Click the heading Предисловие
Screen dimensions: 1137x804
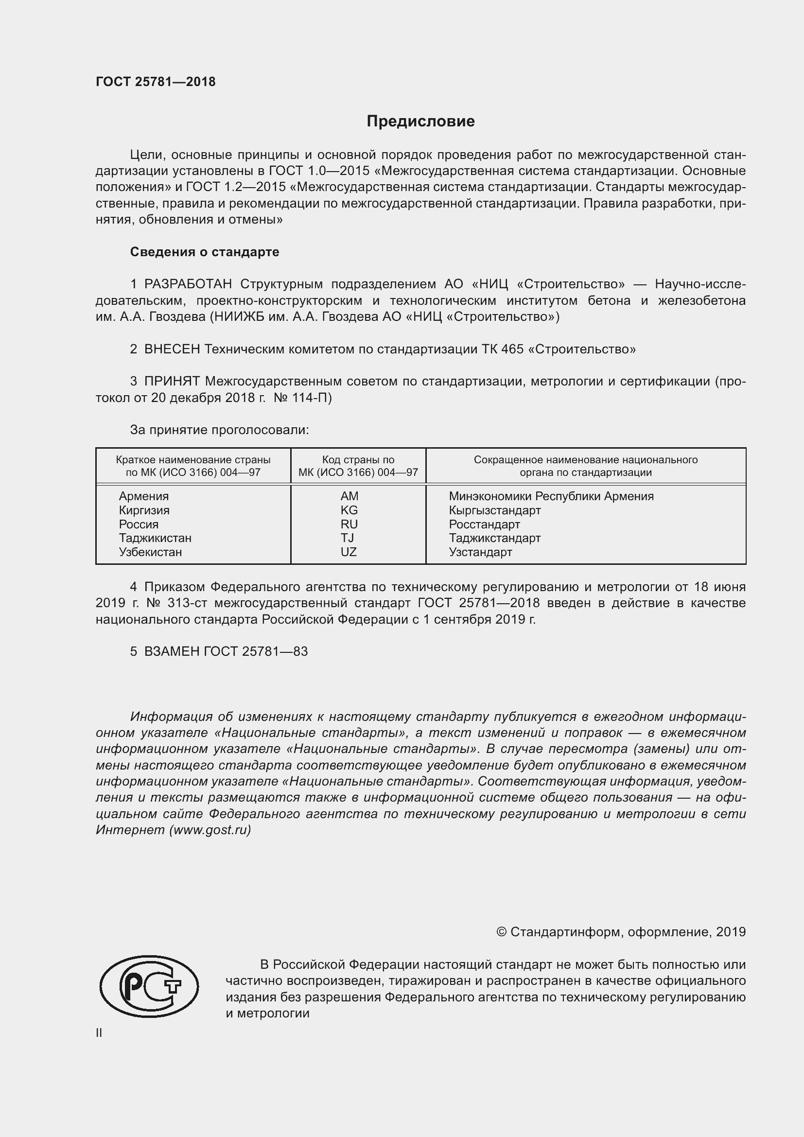click(x=420, y=122)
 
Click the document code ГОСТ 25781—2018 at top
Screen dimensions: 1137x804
click(x=156, y=82)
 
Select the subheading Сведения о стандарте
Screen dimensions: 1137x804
click(x=205, y=252)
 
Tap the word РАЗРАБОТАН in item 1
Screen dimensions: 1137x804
click(x=188, y=284)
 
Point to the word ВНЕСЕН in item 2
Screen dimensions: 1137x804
click(x=172, y=349)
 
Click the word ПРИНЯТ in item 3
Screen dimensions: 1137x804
click(x=172, y=381)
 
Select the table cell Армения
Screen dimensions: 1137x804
click(x=143, y=496)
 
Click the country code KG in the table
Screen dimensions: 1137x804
click(x=349, y=510)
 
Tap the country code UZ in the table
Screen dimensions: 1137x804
click(x=349, y=552)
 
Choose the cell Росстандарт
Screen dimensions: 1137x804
click(x=484, y=525)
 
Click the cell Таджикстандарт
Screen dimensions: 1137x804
click(x=494, y=538)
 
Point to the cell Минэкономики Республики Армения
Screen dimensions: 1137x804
click(x=551, y=496)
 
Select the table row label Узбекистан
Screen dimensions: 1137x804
click(x=151, y=552)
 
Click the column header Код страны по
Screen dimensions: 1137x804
click(x=358, y=460)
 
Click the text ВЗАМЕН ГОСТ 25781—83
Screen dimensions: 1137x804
click(x=225, y=652)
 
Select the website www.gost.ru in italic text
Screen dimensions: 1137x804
click(x=210, y=830)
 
